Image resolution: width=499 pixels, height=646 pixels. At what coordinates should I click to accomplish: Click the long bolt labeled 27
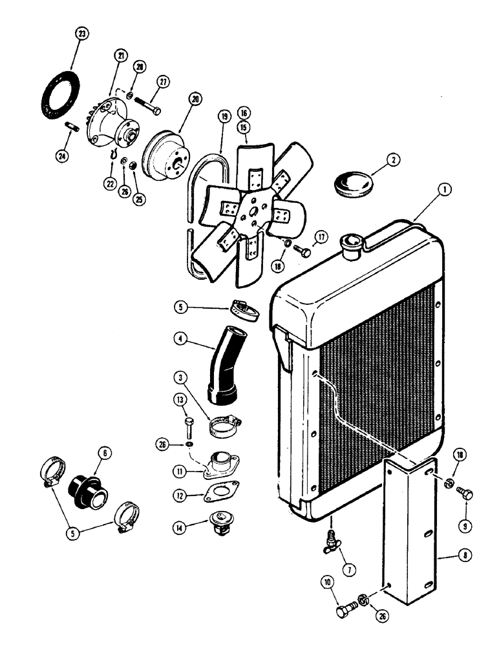tap(149, 104)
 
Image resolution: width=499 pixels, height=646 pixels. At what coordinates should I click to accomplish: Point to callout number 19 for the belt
tap(223, 117)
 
